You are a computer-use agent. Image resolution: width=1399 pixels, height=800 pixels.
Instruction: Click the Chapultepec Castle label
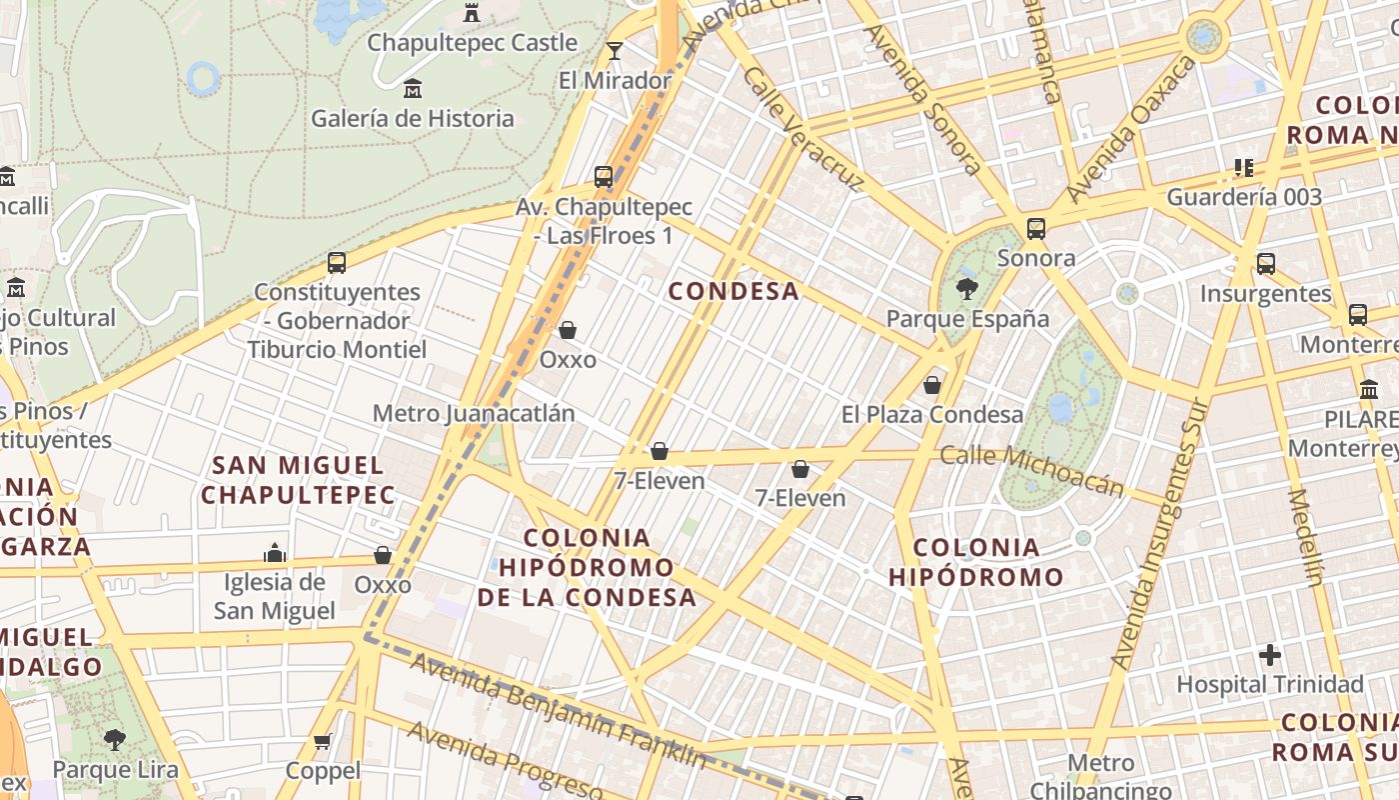472,43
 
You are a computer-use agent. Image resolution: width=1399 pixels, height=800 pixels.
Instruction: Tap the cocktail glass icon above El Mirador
615,50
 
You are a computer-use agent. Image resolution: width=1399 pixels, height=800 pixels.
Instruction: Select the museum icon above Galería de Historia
412,89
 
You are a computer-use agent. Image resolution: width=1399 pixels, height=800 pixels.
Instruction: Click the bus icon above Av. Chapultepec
604,177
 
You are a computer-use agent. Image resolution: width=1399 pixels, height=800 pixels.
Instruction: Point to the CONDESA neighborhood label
733,291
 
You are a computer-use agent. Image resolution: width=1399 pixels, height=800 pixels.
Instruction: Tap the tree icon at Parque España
966,290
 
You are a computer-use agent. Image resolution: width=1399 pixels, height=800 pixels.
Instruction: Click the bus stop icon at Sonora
1036,228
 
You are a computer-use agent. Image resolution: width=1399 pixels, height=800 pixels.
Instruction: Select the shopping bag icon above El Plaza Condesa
932,384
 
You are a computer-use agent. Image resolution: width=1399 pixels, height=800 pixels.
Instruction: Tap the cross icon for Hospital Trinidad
1270,656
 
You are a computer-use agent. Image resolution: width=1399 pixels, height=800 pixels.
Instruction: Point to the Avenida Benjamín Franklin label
560,711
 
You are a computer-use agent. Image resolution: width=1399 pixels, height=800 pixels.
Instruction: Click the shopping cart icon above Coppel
322,741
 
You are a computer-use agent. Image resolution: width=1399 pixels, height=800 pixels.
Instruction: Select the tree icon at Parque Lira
115,740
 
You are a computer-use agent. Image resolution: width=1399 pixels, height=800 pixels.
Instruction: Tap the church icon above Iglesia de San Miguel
275,553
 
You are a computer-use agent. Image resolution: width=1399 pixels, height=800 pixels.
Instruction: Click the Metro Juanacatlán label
474,413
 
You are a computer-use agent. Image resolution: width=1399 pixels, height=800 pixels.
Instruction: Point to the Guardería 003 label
1244,197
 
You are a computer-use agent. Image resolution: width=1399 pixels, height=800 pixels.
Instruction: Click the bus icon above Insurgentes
1266,264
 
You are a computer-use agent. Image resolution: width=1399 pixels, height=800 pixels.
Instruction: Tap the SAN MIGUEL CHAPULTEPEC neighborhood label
299,480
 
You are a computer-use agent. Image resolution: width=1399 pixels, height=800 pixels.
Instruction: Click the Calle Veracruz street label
803,129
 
